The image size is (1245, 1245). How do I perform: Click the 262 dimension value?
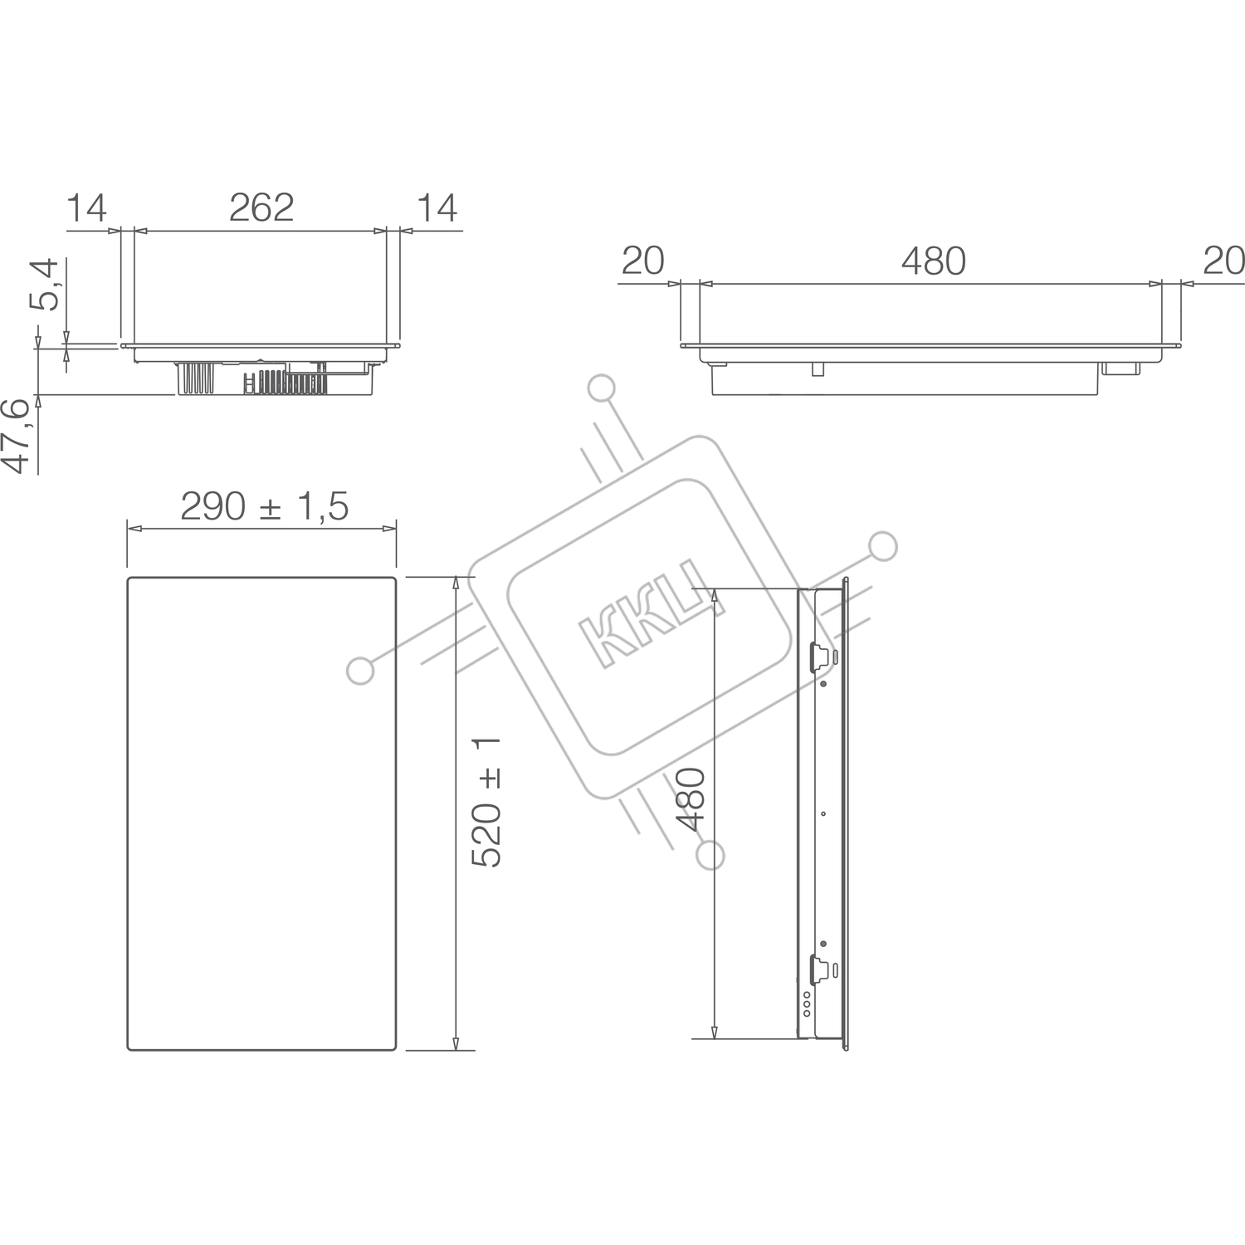click(x=261, y=207)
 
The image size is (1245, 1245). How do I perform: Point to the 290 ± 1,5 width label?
click(x=264, y=506)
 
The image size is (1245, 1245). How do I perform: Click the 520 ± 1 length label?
click(x=487, y=802)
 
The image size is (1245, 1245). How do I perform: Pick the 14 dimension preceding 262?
click(x=86, y=207)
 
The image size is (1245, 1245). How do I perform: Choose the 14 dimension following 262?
click(x=437, y=207)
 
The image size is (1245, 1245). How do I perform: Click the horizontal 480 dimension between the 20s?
click(x=934, y=261)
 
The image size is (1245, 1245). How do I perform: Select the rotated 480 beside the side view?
click(x=691, y=799)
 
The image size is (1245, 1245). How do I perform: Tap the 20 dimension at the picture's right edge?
click(x=1223, y=261)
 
